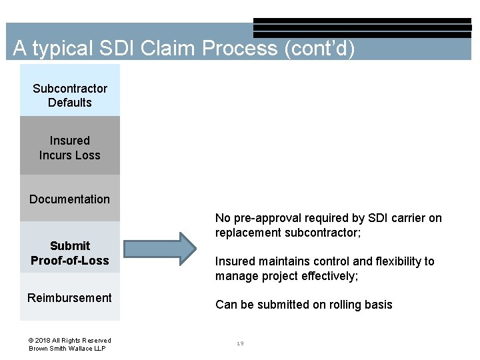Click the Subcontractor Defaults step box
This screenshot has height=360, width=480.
(x=70, y=95)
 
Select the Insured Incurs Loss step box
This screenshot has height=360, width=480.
(x=70, y=147)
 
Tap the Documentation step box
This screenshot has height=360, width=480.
(x=70, y=199)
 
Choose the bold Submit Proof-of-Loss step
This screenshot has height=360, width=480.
(x=70, y=253)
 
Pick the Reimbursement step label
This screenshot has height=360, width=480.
(x=70, y=297)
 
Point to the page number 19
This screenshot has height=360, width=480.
(x=240, y=343)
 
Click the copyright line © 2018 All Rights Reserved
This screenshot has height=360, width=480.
(x=70, y=340)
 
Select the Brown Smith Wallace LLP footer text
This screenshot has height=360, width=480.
(x=67, y=349)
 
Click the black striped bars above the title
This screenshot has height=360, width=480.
(x=362, y=27)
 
